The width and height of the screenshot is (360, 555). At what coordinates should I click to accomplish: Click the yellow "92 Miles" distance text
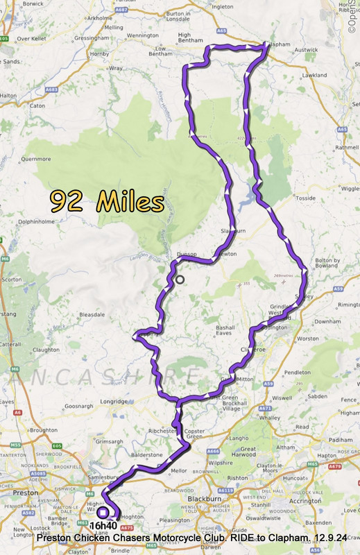107,202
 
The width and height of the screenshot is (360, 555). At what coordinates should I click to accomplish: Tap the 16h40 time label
103,526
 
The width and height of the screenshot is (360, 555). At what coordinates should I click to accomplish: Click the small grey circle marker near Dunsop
180,280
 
